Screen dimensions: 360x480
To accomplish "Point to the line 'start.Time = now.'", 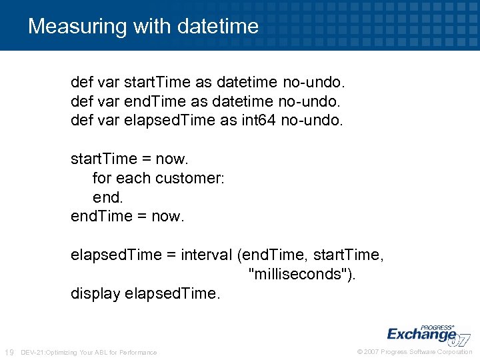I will pyautogui.click(x=130, y=159).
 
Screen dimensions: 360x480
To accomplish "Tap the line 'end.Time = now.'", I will pyautogui.click(x=127, y=217).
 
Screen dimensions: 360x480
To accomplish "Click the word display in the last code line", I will pyautogui.click(x=95, y=293).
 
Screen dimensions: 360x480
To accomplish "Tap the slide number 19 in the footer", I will pyautogui.click(x=9, y=352).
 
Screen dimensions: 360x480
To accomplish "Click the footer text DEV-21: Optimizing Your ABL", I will pyautogui.click(x=89, y=352).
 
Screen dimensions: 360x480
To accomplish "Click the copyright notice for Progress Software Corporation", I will pyautogui.click(x=414, y=352).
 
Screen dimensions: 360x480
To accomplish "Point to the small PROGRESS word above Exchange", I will pyautogui.click(x=437, y=319).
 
